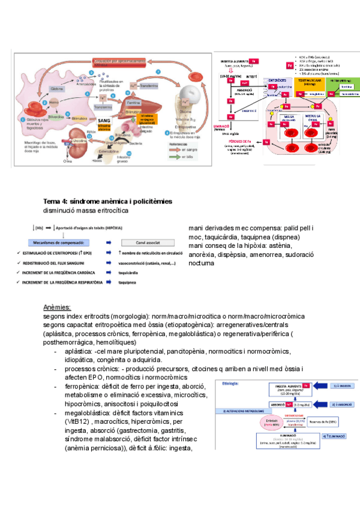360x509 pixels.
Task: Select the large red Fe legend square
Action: (x=289, y=65)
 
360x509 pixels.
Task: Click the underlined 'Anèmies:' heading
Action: (x=58, y=307)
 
